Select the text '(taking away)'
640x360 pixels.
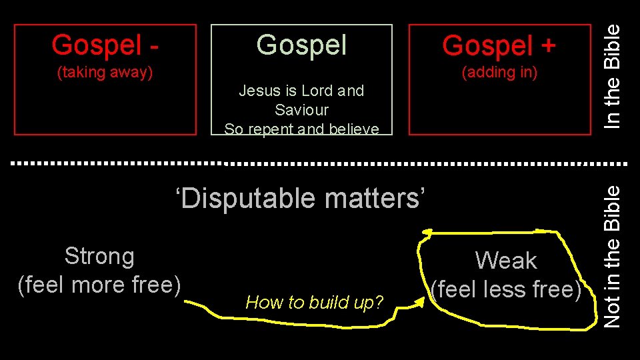[x=105, y=72]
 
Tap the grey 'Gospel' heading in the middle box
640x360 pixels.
[x=301, y=45]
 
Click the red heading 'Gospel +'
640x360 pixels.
[x=499, y=45]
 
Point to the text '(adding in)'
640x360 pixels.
[x=499, y=72]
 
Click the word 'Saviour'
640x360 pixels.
[x=301, y=109]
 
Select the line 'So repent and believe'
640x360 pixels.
[x=301, y=129]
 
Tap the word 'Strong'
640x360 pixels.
[x=99, y=256]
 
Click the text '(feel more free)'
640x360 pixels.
[x=99, y=285]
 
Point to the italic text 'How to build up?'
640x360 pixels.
[x=315, y=303]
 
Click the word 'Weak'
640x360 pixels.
[x=506, y=260]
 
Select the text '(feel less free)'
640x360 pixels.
[x=506, y=289]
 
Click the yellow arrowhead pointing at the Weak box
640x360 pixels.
[x=419, y=303]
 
